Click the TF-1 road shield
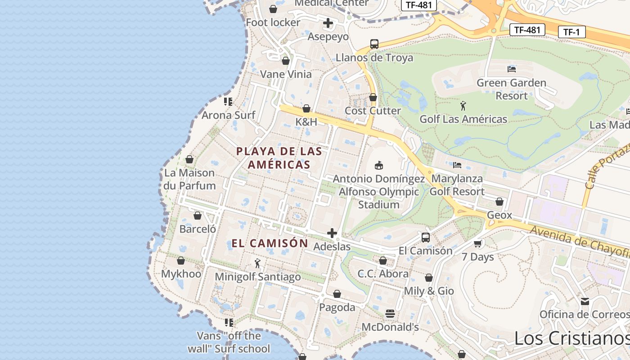[x=571, y=32]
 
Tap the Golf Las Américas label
[x=463, y=119]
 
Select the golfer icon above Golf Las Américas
[x=463, y=106]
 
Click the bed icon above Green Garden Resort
[x=512, y=69]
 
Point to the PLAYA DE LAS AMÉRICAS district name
[x=279, y=158]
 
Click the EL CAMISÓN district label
[x=270, y=243]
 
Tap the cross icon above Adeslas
[x=332, y=233]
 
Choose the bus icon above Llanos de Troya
[x=374, y=44]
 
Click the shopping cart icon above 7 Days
[x=477, y=243]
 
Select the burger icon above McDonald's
[x=390, y=313]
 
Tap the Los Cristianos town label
[x=571, y=338]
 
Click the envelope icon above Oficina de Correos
[x=585, y=301]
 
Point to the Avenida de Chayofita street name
[x=580, y=243]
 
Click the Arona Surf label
[x=228, y=115]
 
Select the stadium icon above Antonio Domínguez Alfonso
[x=379, y=165]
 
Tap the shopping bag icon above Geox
[x=499, y=202]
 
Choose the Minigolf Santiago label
[x=258, y=277]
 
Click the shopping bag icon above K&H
[x=306, y=108]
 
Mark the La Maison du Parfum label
[x=189, y=179]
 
